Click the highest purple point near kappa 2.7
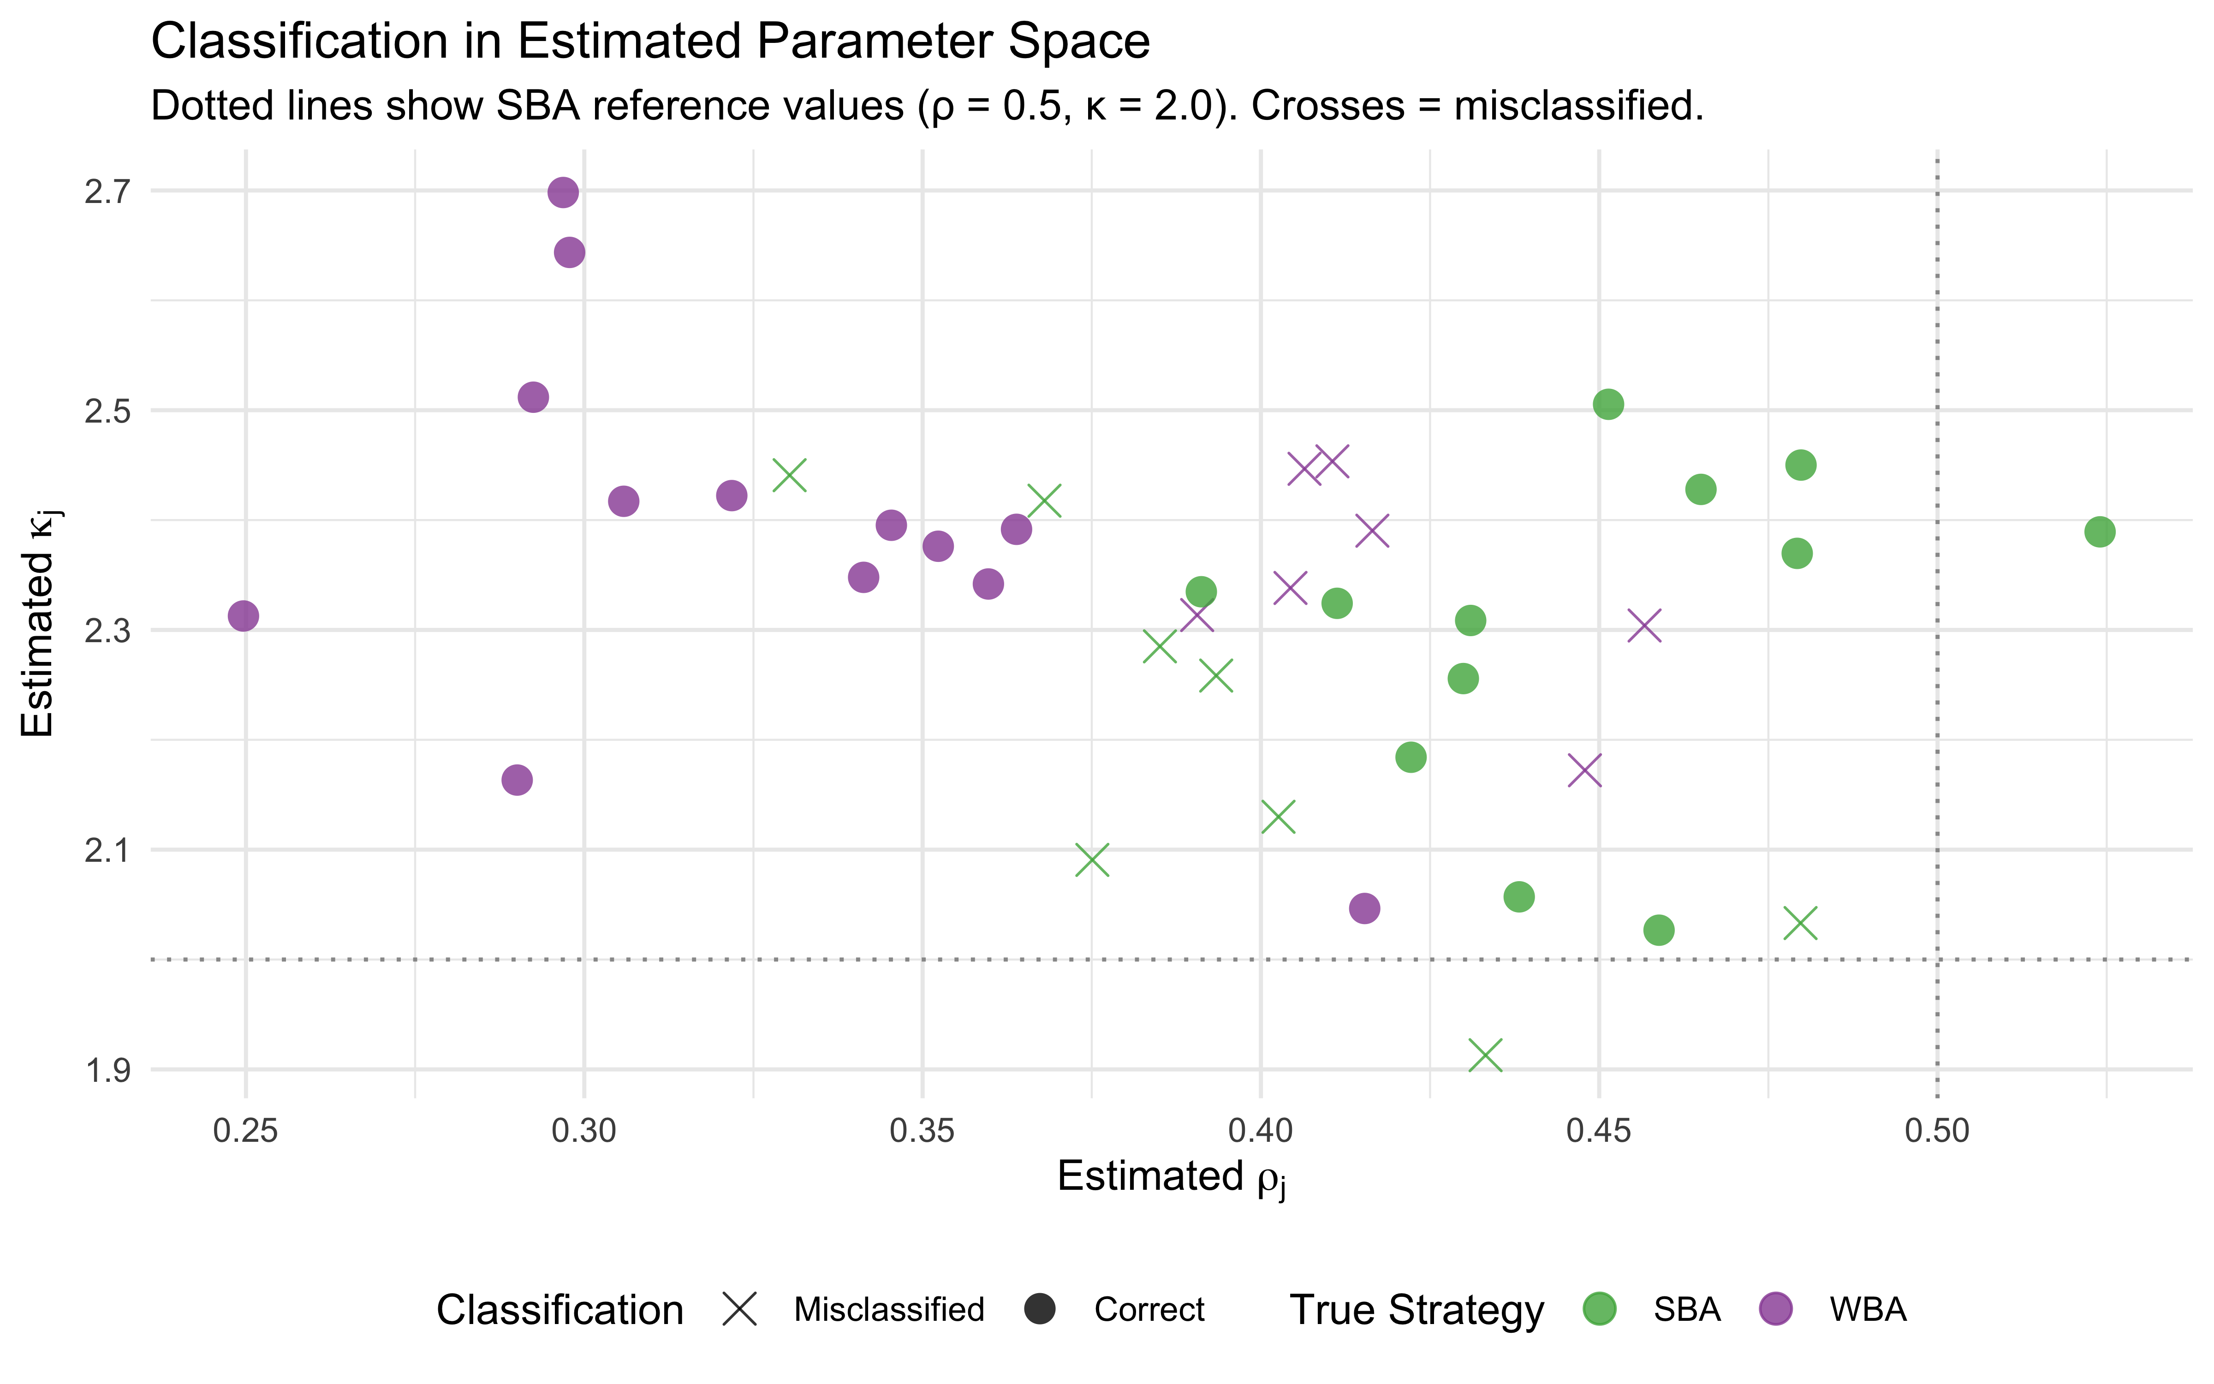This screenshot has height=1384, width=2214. coord(563,192)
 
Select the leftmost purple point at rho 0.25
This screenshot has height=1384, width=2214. coord(243,616)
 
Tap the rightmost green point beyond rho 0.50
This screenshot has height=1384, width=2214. coord(2100,532)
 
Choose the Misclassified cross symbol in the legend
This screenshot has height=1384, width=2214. coord(739,1309)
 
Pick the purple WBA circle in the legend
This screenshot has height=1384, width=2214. coord(1776,1309)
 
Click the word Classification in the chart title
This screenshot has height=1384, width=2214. coord(299,42)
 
